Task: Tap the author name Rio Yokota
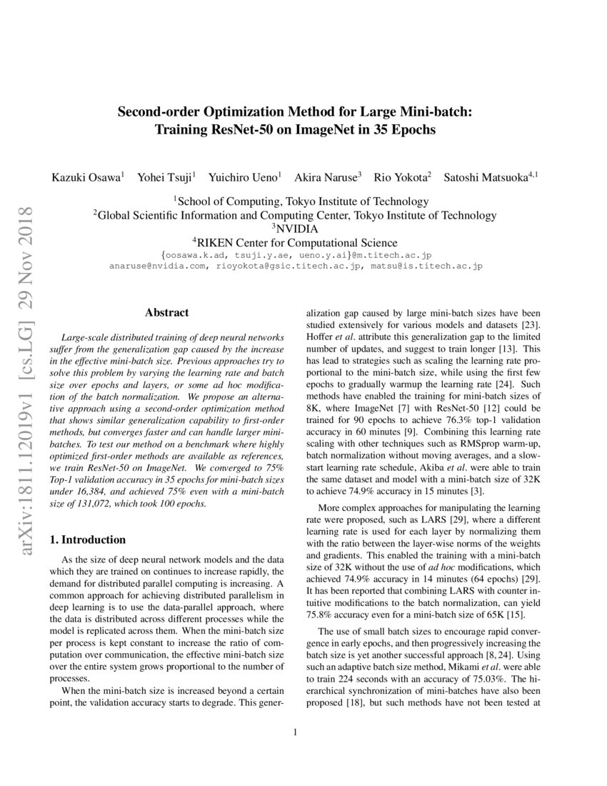[x=403, y=176]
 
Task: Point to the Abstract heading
[x=166, y=312]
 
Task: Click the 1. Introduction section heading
[x=87, y=539]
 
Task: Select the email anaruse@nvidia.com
[x=157, y=266]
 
